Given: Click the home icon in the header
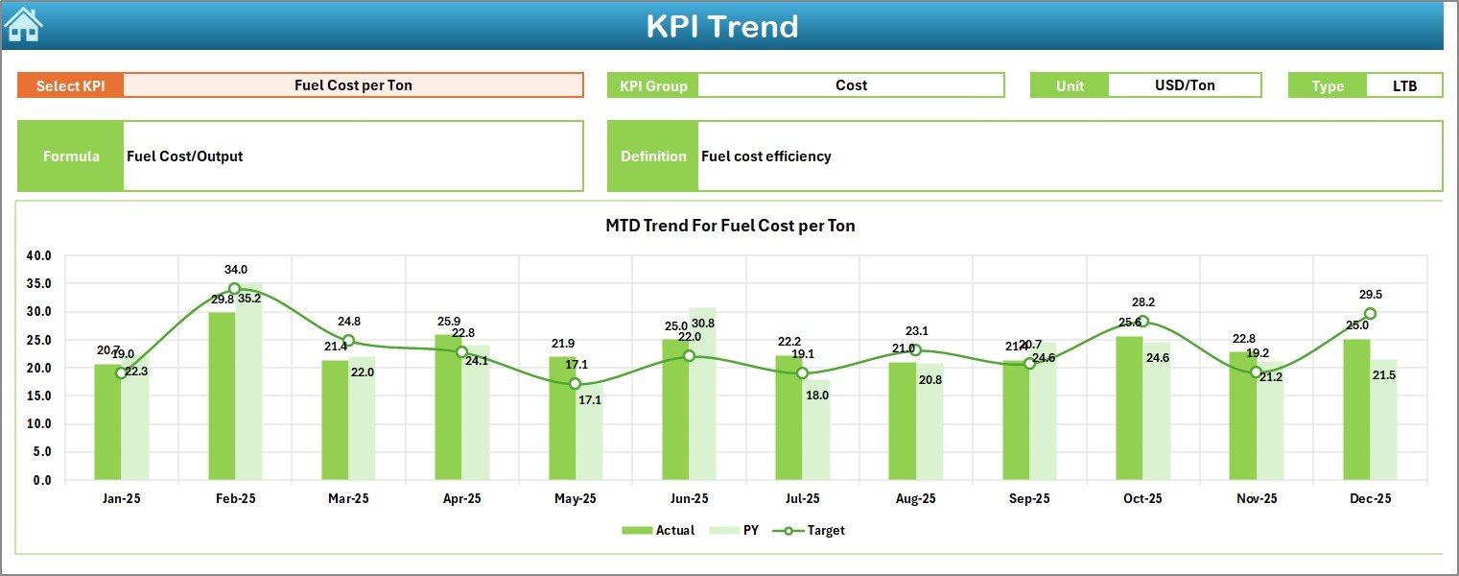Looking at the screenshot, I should pyautogui.click(x=23, y=24).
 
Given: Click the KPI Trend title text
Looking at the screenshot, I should pyautogui.click(x=721, y=26).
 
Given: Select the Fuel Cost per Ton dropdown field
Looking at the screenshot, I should pyautogui.click(x=353, y=85).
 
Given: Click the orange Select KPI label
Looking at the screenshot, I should pyautogui.click(x=70, y=85).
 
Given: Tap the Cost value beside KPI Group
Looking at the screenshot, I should pyautogui.click(x=851, y=85).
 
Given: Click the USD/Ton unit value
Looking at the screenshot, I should pyautogui.click(x=1184, y=85).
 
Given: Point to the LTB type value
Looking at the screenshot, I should pyautogui.click(x=1404, y=85).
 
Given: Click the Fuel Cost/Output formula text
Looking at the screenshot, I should pyautogui.click(x=184, y=156).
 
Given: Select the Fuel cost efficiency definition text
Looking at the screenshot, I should pyautogui.click(x=765, y=156).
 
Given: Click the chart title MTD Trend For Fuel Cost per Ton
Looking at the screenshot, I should pyautogui.click(x=730, y=227).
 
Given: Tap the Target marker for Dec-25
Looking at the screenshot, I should pyautogui.click(x=1370, y=314).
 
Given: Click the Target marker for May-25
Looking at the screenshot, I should pyautogui.click(x=575, y=384).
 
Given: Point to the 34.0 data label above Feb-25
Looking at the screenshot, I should pyautogui.click(x=235, y=270).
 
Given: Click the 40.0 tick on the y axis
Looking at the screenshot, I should pyautogui.click(x=39, y=256).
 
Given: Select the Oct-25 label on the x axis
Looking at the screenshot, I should pyautogui.click(x=1142, y=499).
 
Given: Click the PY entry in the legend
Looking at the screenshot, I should pyautogui.click(x=741, y=530).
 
